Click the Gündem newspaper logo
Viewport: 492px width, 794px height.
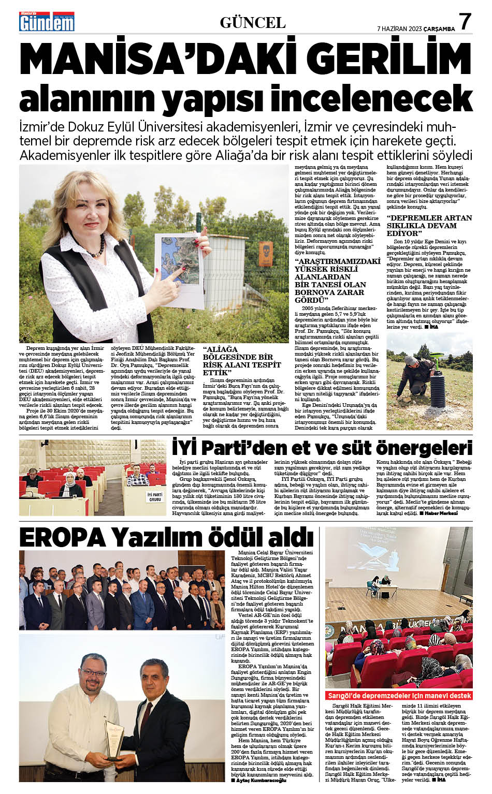coord(47,21)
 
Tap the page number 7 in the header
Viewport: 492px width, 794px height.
coord(465,22)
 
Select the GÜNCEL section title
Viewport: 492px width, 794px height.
coord(253,22)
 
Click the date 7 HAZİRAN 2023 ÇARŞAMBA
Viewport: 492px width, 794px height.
coord(416,28)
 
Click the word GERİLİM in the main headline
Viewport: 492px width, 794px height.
coord(386,61)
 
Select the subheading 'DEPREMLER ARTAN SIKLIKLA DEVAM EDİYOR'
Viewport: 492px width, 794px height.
coord(429,225)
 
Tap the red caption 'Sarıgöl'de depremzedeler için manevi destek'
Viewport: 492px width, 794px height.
coord(399,695)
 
